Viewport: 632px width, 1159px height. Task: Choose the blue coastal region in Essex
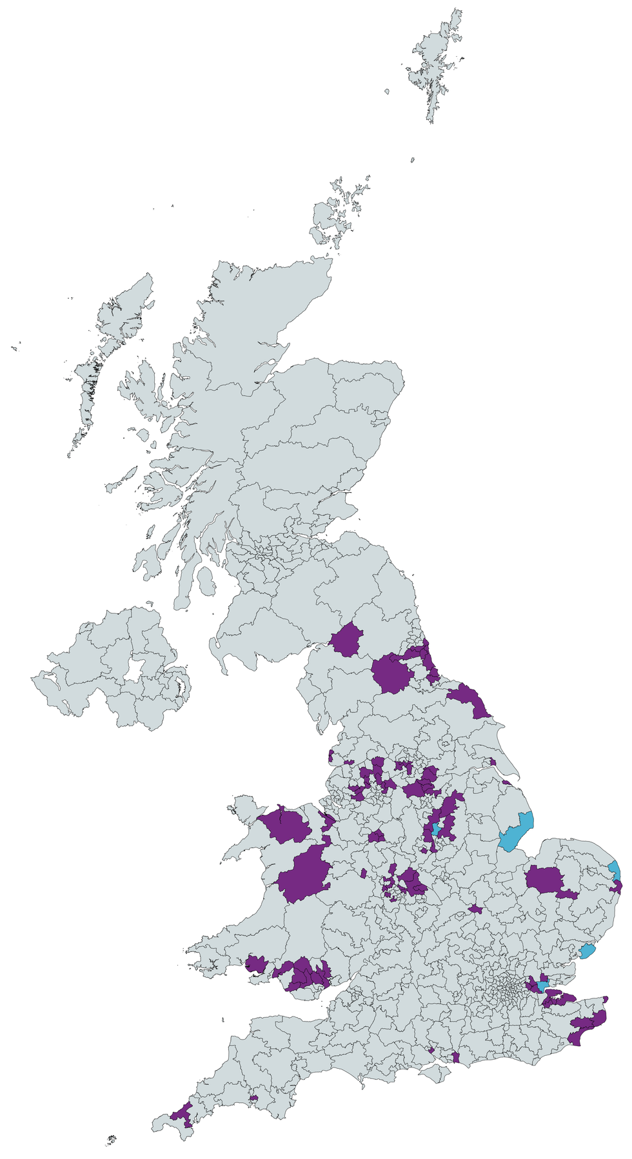coord(587,951)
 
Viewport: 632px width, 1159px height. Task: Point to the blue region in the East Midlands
coord(437,829)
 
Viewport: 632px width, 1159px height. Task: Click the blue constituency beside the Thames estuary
coord(542,985)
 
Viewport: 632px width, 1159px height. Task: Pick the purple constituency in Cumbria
coord(348,640)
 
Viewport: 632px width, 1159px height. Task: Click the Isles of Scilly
coord(112,1140)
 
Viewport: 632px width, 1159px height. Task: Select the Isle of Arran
coord(206,580)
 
